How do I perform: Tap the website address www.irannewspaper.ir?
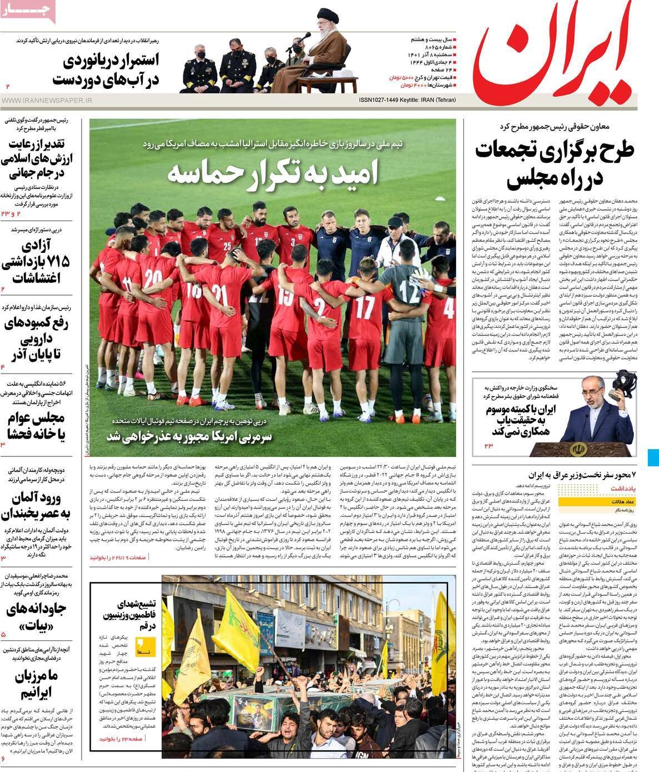(x=47, y=101)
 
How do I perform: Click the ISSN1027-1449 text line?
(x=407, y=100)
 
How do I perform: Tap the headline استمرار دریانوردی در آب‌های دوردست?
(x=106, y=69)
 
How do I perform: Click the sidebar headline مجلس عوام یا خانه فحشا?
(x=37, y=425)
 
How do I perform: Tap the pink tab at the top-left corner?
(x=28, y=10)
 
